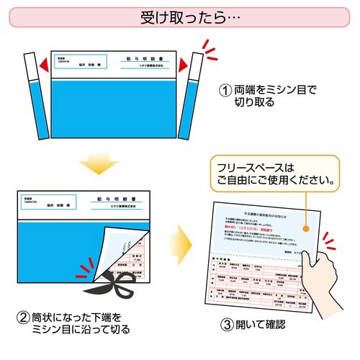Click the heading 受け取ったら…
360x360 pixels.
coord(180,16)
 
